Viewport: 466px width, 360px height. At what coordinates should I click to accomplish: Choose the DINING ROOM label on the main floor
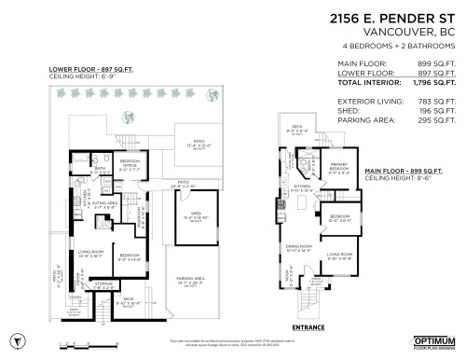coord(297,247)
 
